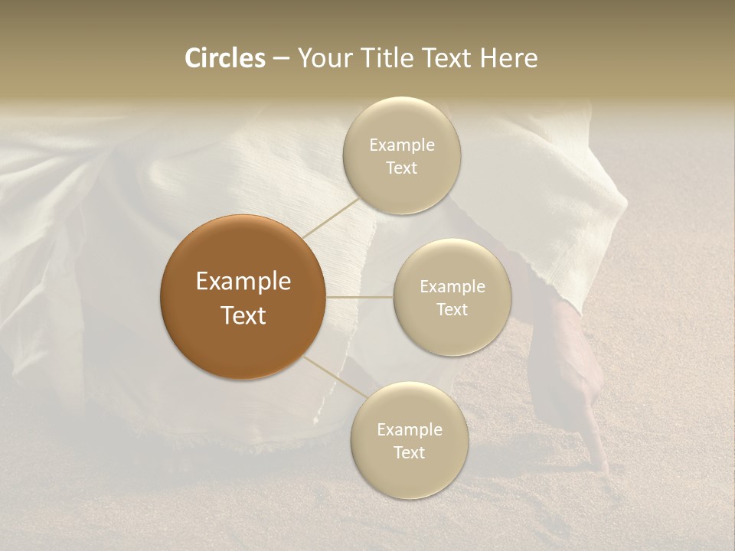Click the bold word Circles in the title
(x=224, y=58)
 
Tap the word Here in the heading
(x=509, y=58)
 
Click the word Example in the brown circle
(x=243, y=282)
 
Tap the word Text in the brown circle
(x=243, y=315)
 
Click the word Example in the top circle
(x=401, y=145)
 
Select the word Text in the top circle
(x=401, y=168)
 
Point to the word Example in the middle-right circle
(x=452, y=287)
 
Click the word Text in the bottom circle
(x=409, y=452)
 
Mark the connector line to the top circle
(x=331, y=217)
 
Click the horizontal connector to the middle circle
(x=359, y=297)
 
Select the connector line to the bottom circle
(x=335, y=377)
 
